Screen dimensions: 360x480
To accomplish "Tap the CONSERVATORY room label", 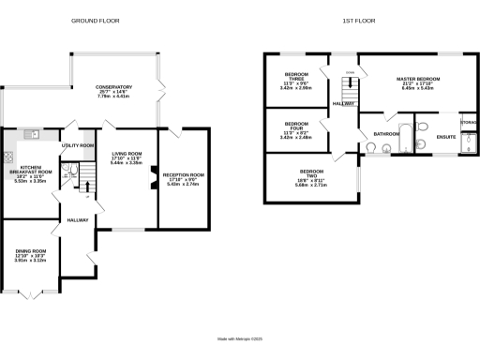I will [112, 91].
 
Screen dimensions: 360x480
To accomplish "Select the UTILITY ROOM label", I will [77, 146].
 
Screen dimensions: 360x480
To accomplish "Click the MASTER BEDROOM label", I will [418, 82].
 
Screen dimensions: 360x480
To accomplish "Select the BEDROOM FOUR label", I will [296, 128].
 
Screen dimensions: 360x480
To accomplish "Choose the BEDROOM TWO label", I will [310, 177].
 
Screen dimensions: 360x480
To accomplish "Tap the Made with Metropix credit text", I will [239, 338].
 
